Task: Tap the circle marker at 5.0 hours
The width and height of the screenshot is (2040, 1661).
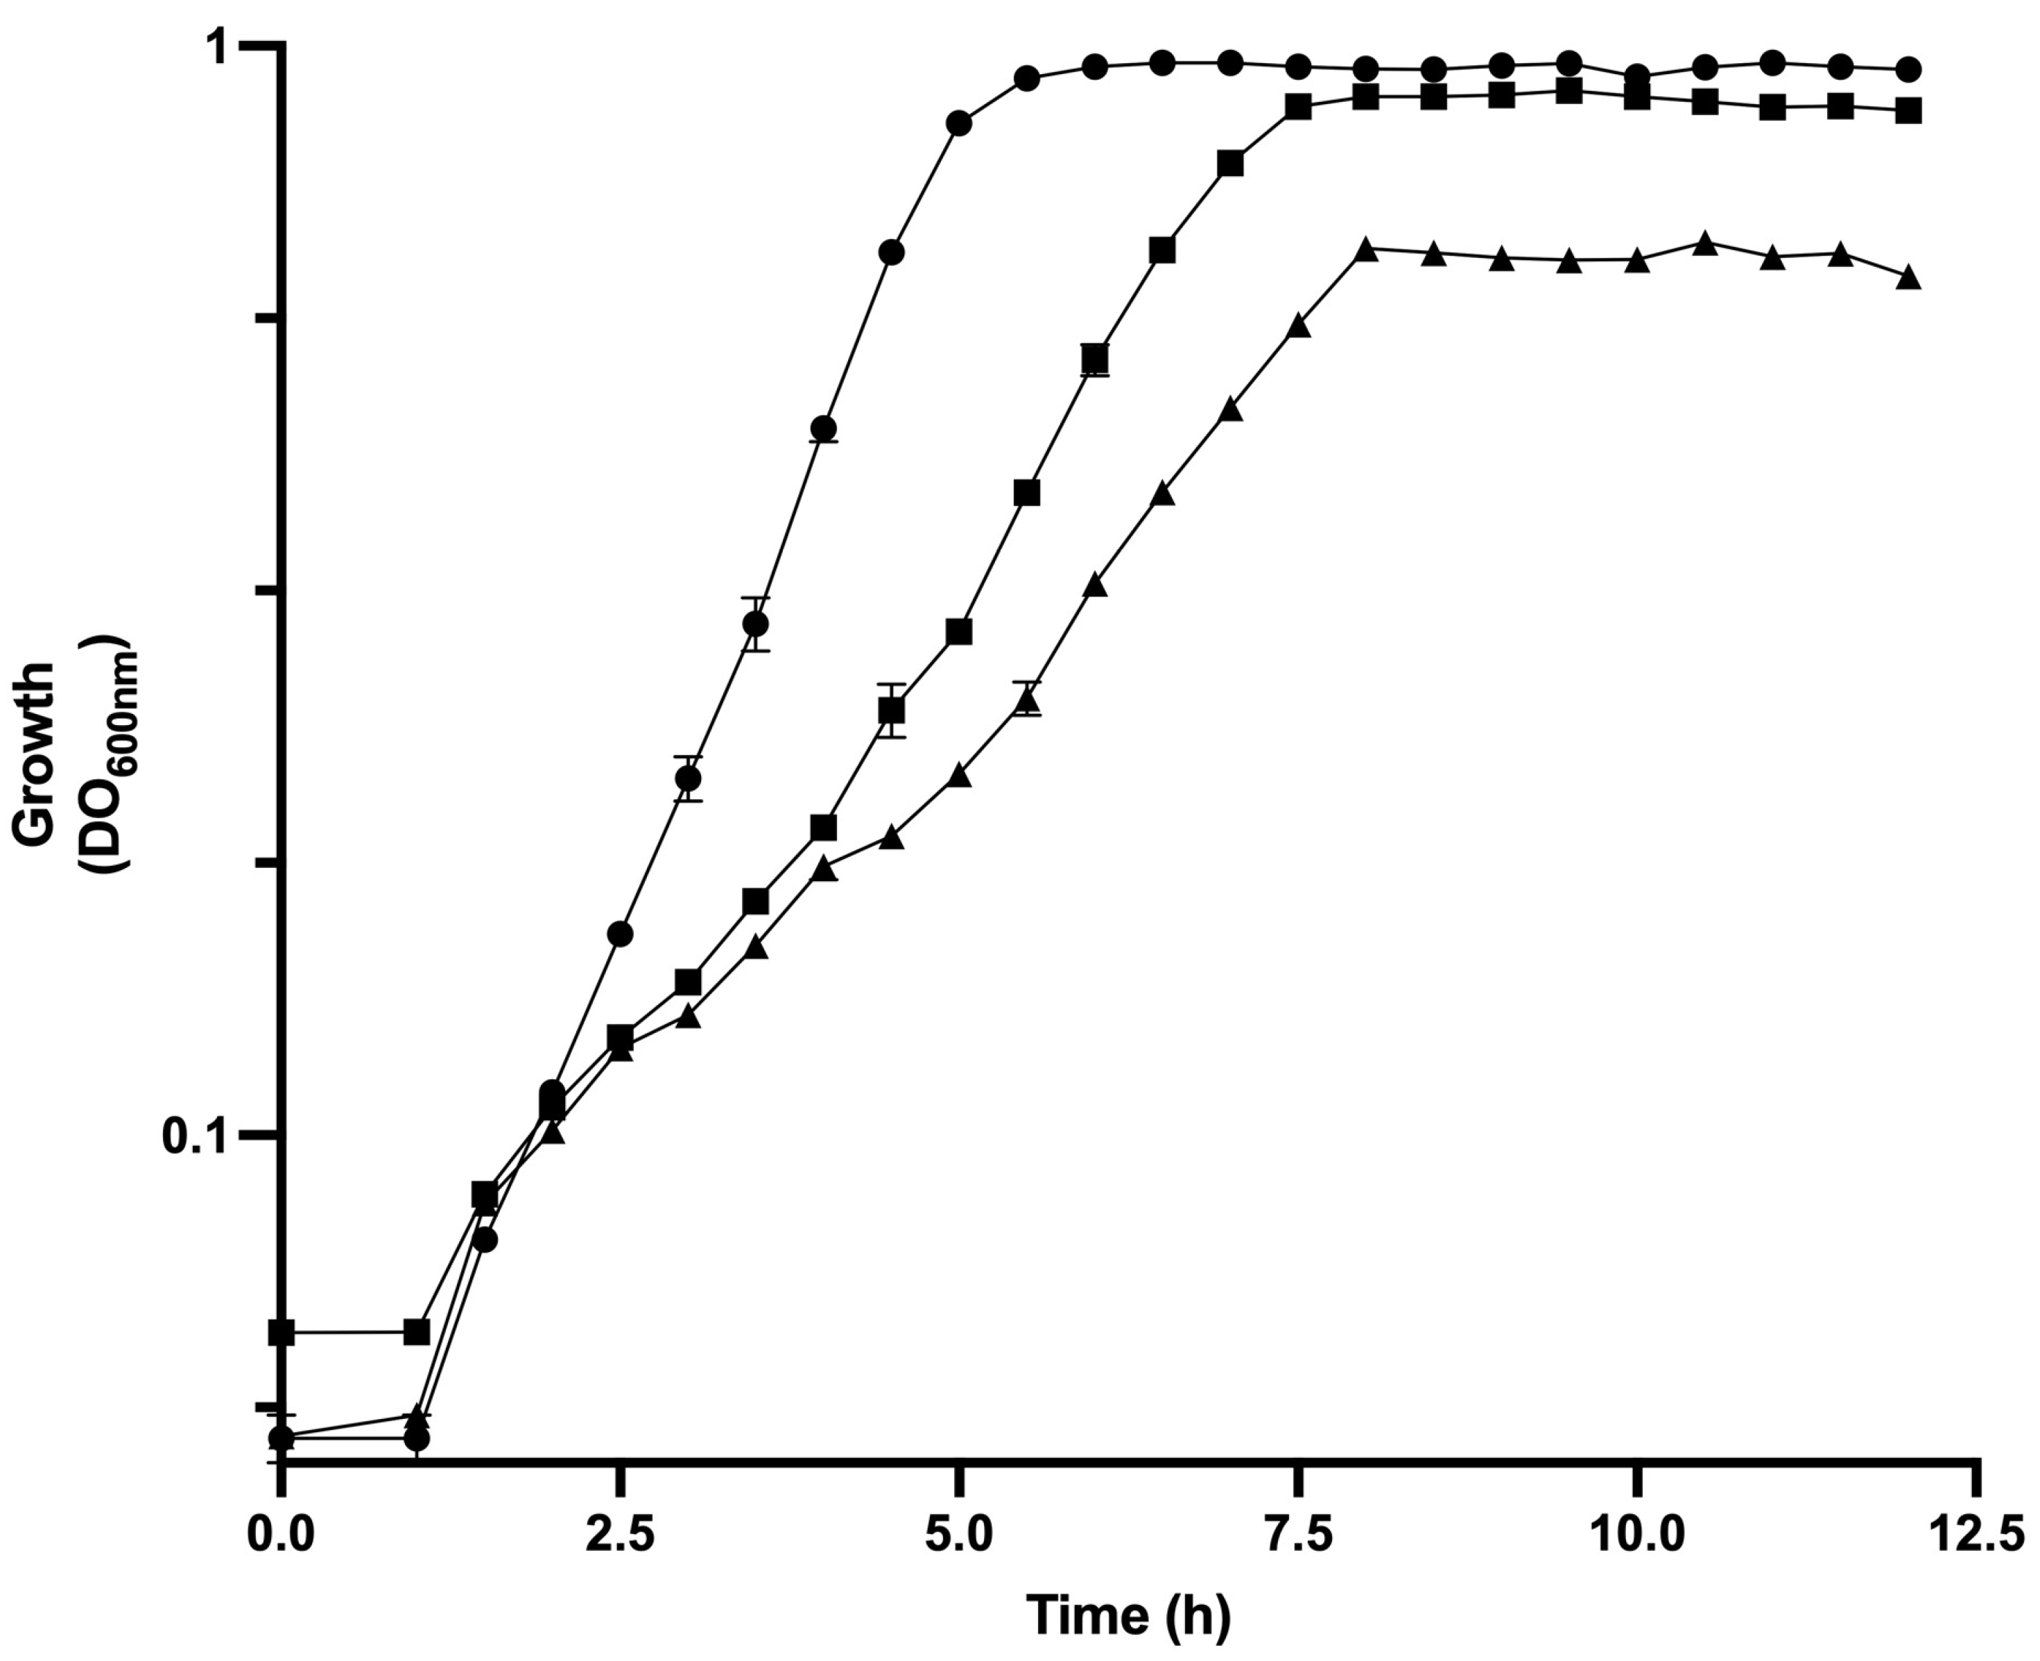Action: tap(959, 123)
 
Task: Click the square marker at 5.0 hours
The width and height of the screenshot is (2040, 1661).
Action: tap(959, 632)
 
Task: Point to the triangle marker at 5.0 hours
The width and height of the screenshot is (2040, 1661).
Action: tap(959, 776)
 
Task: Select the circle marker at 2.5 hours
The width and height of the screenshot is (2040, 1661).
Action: tap(620, 934)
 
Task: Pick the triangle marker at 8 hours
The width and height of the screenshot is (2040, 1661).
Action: tap(1367, 251)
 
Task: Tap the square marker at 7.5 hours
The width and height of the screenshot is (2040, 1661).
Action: tap(1299, 106)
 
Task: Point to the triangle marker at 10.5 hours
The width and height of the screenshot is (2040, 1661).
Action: tap(1705, 244)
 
